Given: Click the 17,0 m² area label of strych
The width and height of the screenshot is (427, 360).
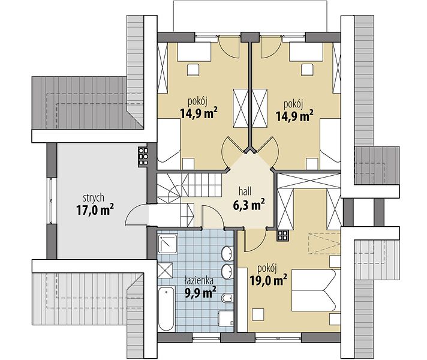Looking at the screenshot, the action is click(x=95, y=209).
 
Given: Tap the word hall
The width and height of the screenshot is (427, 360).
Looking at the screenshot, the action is click(x=245, y=191).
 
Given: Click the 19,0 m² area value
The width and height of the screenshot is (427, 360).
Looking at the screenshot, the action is click(x=268, y=280).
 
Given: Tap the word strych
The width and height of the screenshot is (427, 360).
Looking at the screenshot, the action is click(x=94, y=198).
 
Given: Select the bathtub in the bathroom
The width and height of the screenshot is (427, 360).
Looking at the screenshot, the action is click(x=166, y=308).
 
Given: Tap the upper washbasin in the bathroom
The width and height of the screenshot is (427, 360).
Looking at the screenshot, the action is click(x=227, y=253).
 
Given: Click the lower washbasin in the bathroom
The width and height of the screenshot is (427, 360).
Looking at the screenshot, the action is click(x=227, y=271).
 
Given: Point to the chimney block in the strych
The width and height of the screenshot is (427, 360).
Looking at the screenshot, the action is click(x=143, y=157).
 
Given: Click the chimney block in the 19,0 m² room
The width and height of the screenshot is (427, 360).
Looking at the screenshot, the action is click(x=282, y=235).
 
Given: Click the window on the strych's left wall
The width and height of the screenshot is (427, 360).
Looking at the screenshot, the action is click(x=50, y=201).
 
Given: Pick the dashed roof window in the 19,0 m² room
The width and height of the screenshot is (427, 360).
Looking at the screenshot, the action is click(x=324, y=244).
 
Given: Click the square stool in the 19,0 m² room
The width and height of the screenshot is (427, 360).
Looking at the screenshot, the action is click(x=258, y=314).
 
